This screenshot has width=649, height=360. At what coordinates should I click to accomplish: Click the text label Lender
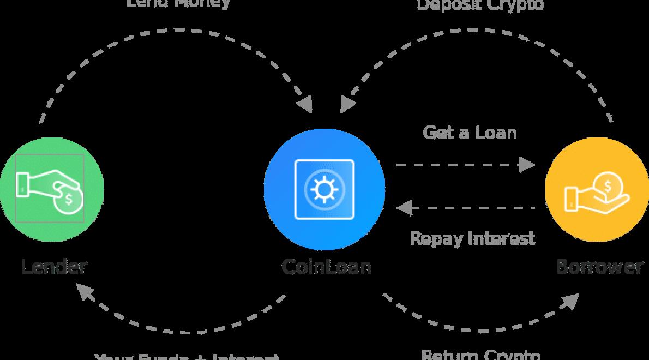[x=54, y=267]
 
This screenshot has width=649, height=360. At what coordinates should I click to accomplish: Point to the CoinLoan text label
[x=326, y=267]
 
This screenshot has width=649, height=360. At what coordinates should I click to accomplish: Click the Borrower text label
[x=599, y=267]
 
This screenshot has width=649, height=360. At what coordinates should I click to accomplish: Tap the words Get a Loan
[x=470, y=133]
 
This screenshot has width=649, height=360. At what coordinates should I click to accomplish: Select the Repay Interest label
[x=472, y=238]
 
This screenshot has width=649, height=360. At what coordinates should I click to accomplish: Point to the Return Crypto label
[x=481, y=354]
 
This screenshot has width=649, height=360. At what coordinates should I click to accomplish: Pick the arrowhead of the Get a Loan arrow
[x=528, y=164]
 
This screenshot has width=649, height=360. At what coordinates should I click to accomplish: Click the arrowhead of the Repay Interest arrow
[x=404, y=208]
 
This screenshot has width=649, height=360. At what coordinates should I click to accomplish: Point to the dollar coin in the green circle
[x=69, y=199]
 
